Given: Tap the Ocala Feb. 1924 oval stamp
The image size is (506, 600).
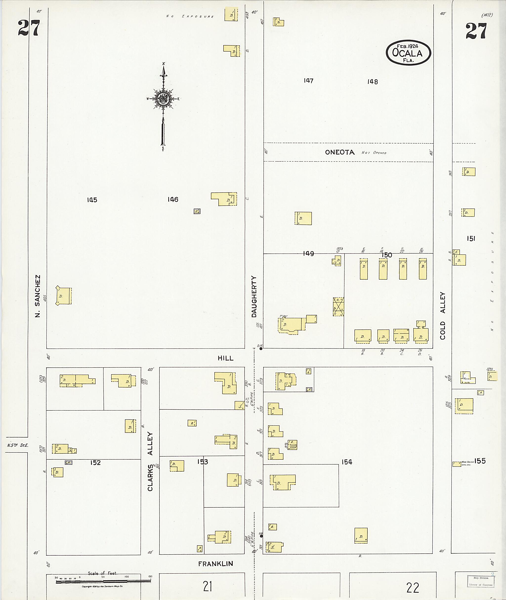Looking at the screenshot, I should tap(408, 53).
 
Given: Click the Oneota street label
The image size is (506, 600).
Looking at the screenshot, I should tap(340, 152).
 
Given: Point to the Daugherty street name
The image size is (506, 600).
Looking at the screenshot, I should tap(254, 297).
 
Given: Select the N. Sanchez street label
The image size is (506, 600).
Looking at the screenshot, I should tap(37, 296).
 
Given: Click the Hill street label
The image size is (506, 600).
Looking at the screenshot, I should tap(226, 358).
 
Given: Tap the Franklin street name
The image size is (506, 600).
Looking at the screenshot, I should tap(215, 564).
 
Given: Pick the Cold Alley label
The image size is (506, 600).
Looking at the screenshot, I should tap(443, 316).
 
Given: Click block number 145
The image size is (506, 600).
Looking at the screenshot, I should tap(92, 200).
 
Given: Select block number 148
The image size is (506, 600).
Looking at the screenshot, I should tap(372, 82).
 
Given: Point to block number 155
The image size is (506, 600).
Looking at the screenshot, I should tap(480, 461).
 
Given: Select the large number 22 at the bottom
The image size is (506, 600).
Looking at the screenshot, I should tap(413, 587).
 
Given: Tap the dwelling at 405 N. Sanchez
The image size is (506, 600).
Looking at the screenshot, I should tap(63, 296).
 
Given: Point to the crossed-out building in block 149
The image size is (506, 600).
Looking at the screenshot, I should tap(338, 307).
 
